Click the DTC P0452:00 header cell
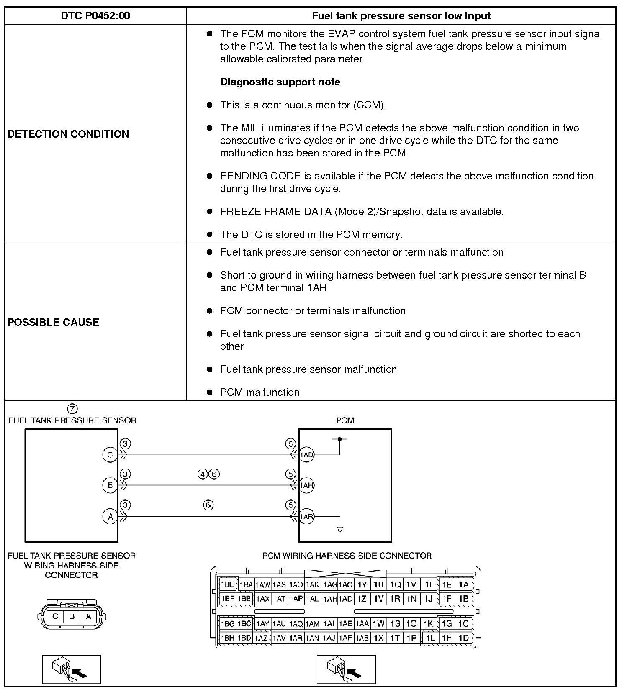(95, 16)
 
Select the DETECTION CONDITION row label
(68, 134)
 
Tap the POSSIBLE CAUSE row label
(54, 322)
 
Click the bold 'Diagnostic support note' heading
(280, 82)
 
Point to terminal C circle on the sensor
(110, 455)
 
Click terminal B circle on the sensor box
(110, 485)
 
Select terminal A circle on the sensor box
(110, 517)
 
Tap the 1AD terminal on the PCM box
(306, 455)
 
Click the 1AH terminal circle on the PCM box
(306, 485)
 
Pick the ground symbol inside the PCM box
(340, 529)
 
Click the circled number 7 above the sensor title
(72, 408)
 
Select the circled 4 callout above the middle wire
(203, 474)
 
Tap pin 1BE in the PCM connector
(227, 584)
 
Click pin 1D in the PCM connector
(463, 638)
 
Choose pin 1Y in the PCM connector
(362, 584)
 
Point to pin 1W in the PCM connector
(378, 624)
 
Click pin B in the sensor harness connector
(72, 616)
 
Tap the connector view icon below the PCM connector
(346, 669)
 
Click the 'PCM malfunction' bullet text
(260, 392)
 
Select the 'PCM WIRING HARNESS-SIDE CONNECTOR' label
(347, 556)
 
